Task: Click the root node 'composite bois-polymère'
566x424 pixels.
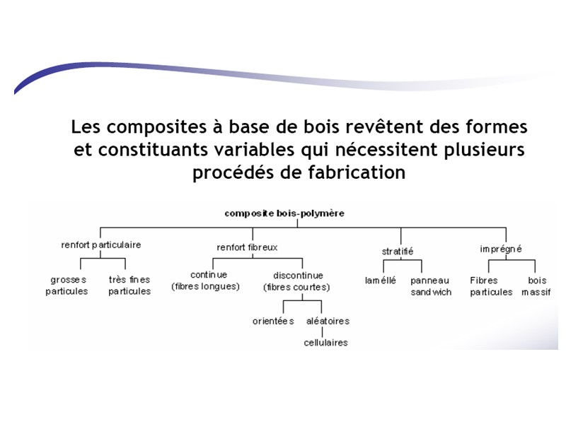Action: [284, 213]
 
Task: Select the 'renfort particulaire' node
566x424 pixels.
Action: [101, 245]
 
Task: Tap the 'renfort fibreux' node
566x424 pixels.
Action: [247, 247]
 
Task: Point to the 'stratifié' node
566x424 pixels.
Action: [398, 251]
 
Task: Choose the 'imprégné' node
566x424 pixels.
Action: [501, 249]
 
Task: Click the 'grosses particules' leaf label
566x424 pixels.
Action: [67, 285]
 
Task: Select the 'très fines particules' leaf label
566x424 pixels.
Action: [129, 285]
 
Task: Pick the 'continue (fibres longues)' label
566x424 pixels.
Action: [205, 281]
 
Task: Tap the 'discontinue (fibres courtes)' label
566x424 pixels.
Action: [297, 281]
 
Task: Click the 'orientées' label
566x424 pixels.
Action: [274, 321]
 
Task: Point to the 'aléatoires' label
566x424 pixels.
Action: [328, 321]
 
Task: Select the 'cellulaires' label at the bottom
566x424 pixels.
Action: [325, 343]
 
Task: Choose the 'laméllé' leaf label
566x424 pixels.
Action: [381, 281]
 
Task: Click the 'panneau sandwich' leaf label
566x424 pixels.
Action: [431, 285]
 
